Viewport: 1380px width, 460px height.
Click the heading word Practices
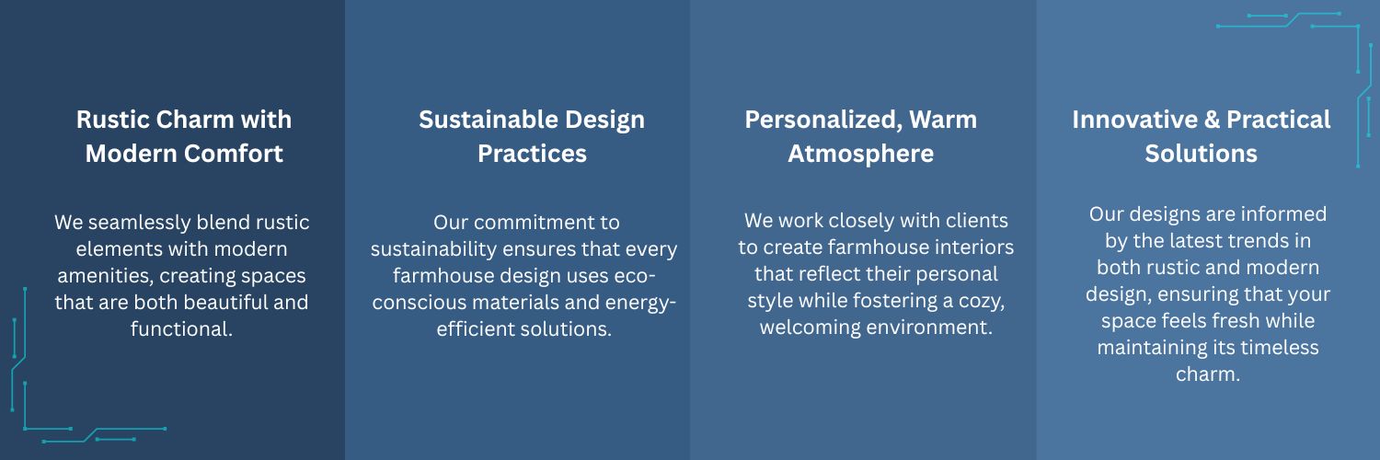[x=533, y=154]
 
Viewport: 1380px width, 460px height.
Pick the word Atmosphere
[x=860, y=155]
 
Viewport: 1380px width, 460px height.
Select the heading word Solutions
[x=1201, y=154]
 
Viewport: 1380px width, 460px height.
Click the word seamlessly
[x=139, y=223]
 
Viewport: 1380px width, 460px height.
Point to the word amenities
[x=105, y=276]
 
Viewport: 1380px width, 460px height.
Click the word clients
[x=977, y=221]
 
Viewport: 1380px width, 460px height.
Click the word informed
[x=1284, y=214]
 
